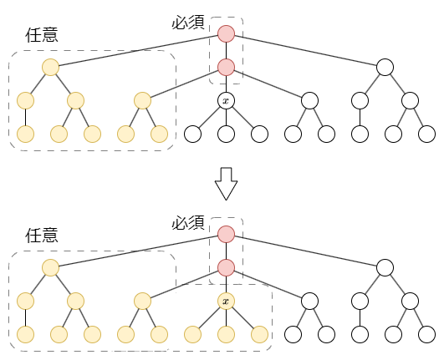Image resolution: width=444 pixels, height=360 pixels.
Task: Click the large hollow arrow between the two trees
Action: tap(226, 184)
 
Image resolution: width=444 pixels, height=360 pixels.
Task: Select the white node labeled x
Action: tap(226, 101)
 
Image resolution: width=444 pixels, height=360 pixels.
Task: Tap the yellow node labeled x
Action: tap(226, 301)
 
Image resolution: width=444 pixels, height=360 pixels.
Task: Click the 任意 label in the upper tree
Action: tap(42, 35)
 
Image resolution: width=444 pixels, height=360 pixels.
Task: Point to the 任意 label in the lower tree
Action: tap(42, 236)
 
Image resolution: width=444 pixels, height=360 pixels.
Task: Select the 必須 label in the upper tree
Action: tap(188, 23)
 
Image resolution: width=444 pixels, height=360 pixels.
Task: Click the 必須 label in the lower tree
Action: tap(188, 222)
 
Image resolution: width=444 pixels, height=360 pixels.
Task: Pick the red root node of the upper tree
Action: tap(226, 34)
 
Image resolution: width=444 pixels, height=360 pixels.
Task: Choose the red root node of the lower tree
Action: tap(226, 234)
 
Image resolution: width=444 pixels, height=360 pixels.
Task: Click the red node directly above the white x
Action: tap(226, 68)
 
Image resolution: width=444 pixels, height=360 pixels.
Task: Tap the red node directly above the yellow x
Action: tap(226, 267)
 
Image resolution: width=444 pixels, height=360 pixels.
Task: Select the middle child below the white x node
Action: tap(226, 134)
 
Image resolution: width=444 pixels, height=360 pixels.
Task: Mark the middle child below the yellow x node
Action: tap(226, 334)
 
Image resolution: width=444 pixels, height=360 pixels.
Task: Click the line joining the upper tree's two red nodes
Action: tap(226, 51)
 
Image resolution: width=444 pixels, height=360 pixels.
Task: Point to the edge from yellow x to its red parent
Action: tap(226, 284)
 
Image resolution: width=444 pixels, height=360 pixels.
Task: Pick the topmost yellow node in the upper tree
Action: tap(50, 68)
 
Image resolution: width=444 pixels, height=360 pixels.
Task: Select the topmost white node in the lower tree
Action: tap(385, 267)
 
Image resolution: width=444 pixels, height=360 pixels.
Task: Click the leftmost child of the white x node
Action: tap(192, 134)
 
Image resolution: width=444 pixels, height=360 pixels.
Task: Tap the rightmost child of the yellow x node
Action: tap(259, 334)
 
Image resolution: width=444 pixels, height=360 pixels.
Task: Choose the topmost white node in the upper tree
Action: tap(385, 68)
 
